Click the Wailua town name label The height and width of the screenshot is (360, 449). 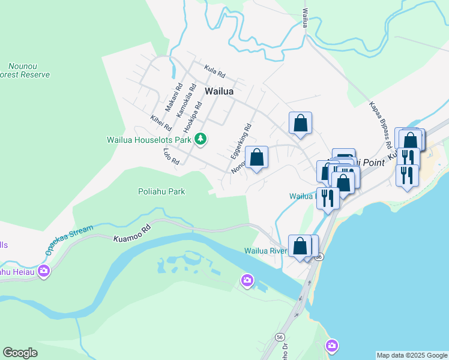pos(218,92)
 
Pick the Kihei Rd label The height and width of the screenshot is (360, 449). pos(161,123)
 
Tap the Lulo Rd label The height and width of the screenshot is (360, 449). pos(171,157)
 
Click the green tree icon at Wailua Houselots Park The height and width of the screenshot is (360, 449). pos(200,140)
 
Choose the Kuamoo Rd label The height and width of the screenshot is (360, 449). pos(132,234)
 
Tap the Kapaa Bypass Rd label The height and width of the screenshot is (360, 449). pos(381,124)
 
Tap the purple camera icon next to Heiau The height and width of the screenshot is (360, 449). pos(43,271)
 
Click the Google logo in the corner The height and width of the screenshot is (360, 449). pos(20,352)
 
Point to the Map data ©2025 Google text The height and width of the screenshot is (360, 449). pos(412,355)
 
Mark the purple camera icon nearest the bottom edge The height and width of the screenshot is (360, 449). pos(332,346)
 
